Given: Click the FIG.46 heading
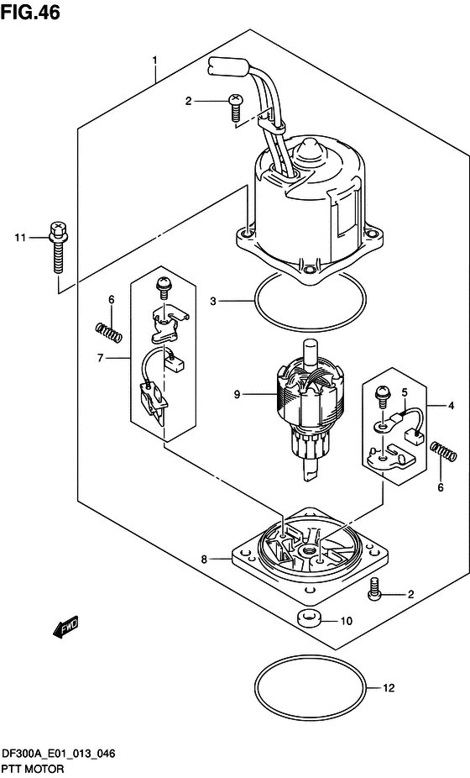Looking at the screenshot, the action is point(30,12).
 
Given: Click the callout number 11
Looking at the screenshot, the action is point(20,238).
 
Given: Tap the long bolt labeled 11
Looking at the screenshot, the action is point(58,247).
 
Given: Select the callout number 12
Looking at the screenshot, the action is point(389,688).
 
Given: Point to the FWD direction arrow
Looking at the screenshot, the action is point(65,627).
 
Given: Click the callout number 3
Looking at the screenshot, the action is point(213,301).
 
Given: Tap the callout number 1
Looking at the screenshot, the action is point(154,61).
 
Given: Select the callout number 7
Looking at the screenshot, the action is point(100,357).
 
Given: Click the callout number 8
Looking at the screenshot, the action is point(204,560).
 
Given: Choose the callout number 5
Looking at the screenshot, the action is point(405,392).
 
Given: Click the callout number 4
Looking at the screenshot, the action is point(451,406).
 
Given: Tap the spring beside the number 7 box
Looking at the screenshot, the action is point(108,332).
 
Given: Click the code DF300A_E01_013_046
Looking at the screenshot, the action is point(59,754).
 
